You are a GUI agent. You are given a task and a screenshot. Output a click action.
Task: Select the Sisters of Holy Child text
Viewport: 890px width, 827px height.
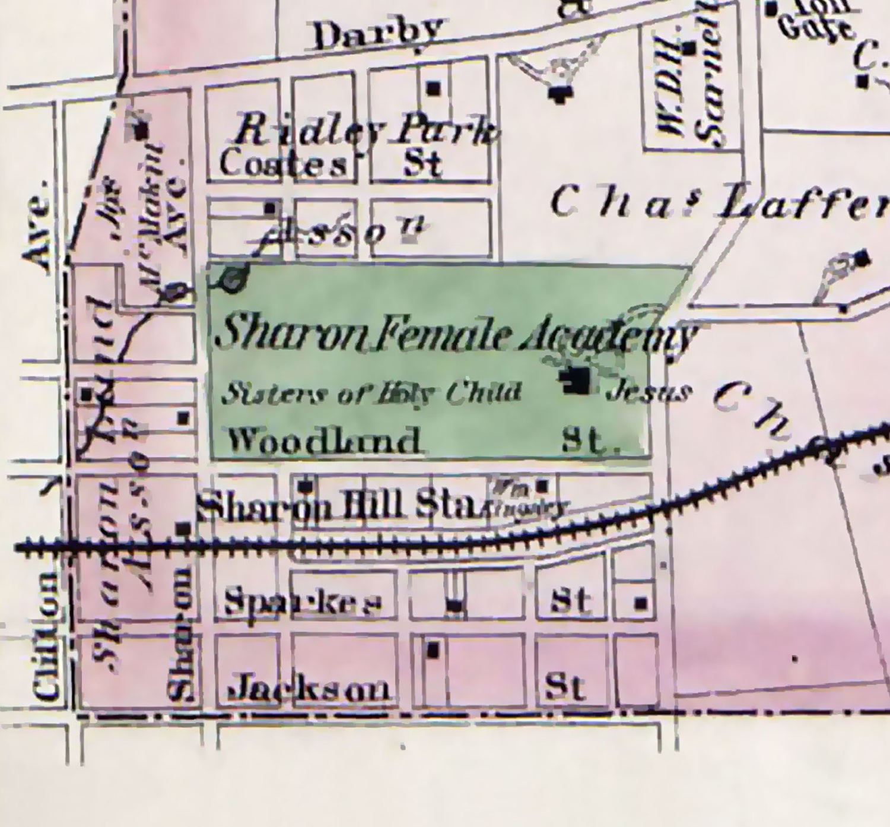click(371, 392)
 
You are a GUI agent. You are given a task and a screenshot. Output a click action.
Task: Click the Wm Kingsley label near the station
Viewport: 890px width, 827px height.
click(525, 499)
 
